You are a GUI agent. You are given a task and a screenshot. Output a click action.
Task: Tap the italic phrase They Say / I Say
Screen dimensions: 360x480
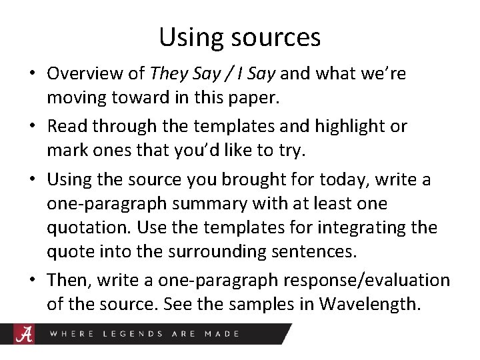[212, 73]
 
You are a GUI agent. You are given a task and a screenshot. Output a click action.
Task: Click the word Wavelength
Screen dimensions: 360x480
[370, 305]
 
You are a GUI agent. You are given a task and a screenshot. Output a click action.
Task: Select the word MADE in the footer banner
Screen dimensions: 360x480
[221, 333]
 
